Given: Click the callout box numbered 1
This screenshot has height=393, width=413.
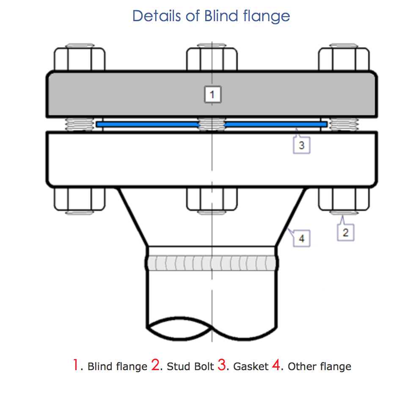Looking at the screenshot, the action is click(x=213, y=94).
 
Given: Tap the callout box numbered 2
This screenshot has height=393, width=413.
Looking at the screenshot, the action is click(x=346, y=232).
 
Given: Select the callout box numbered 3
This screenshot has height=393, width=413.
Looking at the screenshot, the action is click(x=302, y=145).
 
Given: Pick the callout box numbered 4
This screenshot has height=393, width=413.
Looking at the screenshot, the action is click(x=302, y=238).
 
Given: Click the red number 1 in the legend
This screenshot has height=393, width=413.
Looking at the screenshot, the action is click(x=76, y=365).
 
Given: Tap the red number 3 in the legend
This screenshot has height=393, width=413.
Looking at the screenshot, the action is click(x=222, y=365).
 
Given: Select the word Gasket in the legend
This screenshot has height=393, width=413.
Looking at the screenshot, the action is click(x=251, y=366).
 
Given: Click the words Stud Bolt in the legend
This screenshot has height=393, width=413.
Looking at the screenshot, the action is click(x=190, y=366).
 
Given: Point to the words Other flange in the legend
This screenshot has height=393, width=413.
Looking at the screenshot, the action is click(x=319, y=366).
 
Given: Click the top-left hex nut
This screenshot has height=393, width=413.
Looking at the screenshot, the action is click(x=80, y=59).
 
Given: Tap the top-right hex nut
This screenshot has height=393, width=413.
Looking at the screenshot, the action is click(x=344, y=59).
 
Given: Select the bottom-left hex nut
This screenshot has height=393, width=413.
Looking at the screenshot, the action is click(x=80, y=199).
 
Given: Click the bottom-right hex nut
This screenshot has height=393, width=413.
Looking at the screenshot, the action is click(x=344, y=199).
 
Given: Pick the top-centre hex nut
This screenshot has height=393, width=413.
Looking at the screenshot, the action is click(x=212, y=59).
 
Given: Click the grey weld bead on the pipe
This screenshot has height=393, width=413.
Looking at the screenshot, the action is click(x=212, y=263).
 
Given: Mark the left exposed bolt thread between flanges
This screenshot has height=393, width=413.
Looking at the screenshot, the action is click(x=79, y=124).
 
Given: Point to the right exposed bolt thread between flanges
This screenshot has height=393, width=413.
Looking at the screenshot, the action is click(x=344, y=124).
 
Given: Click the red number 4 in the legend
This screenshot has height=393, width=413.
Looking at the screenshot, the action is click(x=276, y=365).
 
